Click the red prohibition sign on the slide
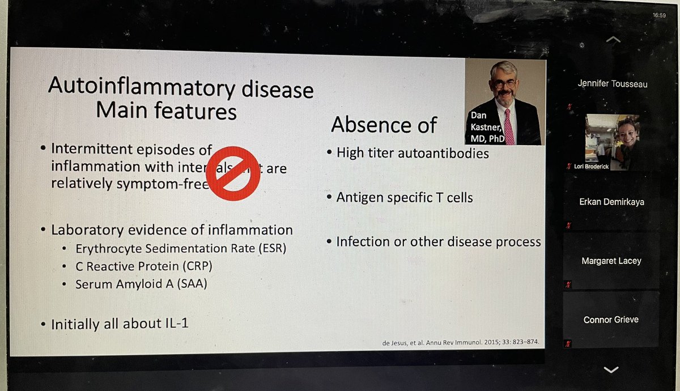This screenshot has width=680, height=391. tap(232, 173)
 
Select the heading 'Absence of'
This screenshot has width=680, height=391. tap(384, 125)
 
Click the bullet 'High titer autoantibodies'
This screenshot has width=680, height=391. tap(412, 153)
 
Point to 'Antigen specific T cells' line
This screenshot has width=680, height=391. tap(404, 197)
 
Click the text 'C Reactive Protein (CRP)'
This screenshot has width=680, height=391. tap(144, 266)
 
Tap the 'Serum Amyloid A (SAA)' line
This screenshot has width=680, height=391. tap(141, 284)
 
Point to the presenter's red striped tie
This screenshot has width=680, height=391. tap(508, 126)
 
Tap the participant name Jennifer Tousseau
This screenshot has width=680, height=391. tap(612, 84)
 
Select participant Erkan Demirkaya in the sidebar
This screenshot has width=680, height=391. tap(612, 202)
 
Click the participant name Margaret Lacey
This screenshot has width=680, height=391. tap(610, 261)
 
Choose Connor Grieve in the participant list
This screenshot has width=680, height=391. tap(611, 320)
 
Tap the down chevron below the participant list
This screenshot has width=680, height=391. tap(611, 369)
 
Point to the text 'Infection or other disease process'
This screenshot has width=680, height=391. tap(439, 241)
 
